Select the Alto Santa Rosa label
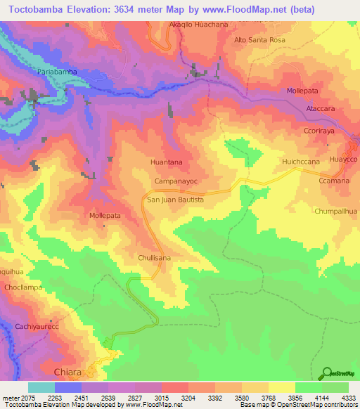tap(259, 40)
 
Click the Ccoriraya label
tap(322, 130)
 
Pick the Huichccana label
tap(301, 162)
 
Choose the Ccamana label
tap(334, 181)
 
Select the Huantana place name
tap(167, 162)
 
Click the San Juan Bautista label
tap(175, 200)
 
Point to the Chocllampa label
tap(24, 288)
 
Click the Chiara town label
tap(69, 370)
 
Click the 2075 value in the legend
tap(16, 398)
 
